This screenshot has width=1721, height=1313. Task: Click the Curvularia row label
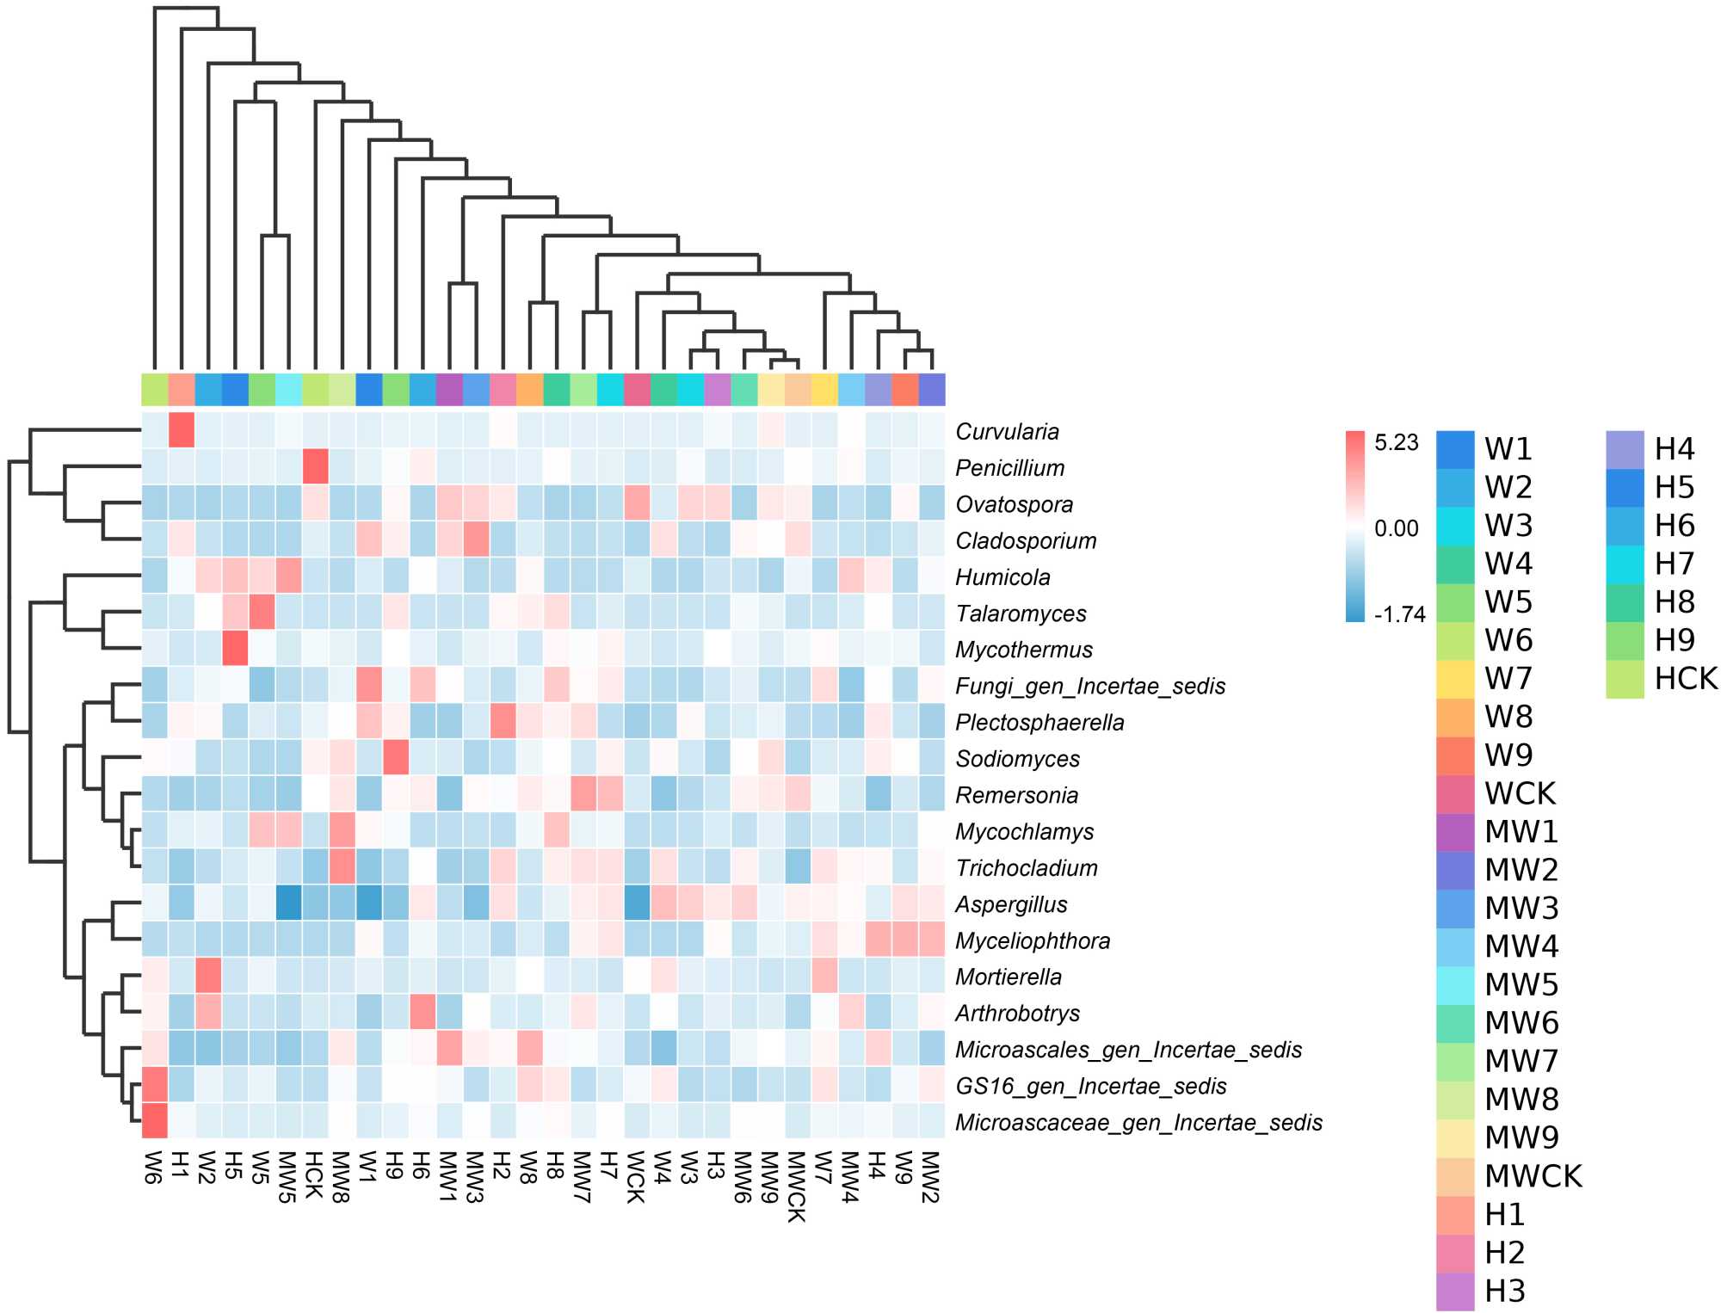pos(1007,432)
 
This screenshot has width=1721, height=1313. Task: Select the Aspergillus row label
pos(1011,904)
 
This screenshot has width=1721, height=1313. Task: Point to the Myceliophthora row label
pos(1033,941)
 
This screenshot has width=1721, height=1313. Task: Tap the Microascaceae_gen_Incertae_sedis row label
pos(1138,1123)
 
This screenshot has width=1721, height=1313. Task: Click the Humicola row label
pos(1002,577)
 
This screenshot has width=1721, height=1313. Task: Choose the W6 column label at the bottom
pos(154,1167)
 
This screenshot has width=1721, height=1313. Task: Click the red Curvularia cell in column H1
pos(182,430)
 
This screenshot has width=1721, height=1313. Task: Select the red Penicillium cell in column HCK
pos(316,467)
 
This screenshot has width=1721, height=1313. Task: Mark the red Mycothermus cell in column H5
pos(235,649)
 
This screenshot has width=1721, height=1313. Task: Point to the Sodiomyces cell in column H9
pos(396,758)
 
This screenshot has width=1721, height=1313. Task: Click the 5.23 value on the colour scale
pos(1396,443)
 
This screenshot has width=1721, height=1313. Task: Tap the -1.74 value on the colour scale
pos(1400,614)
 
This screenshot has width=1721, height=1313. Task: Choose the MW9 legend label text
pos(1521,1137)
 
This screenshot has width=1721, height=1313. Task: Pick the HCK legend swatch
pos(1625,679)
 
